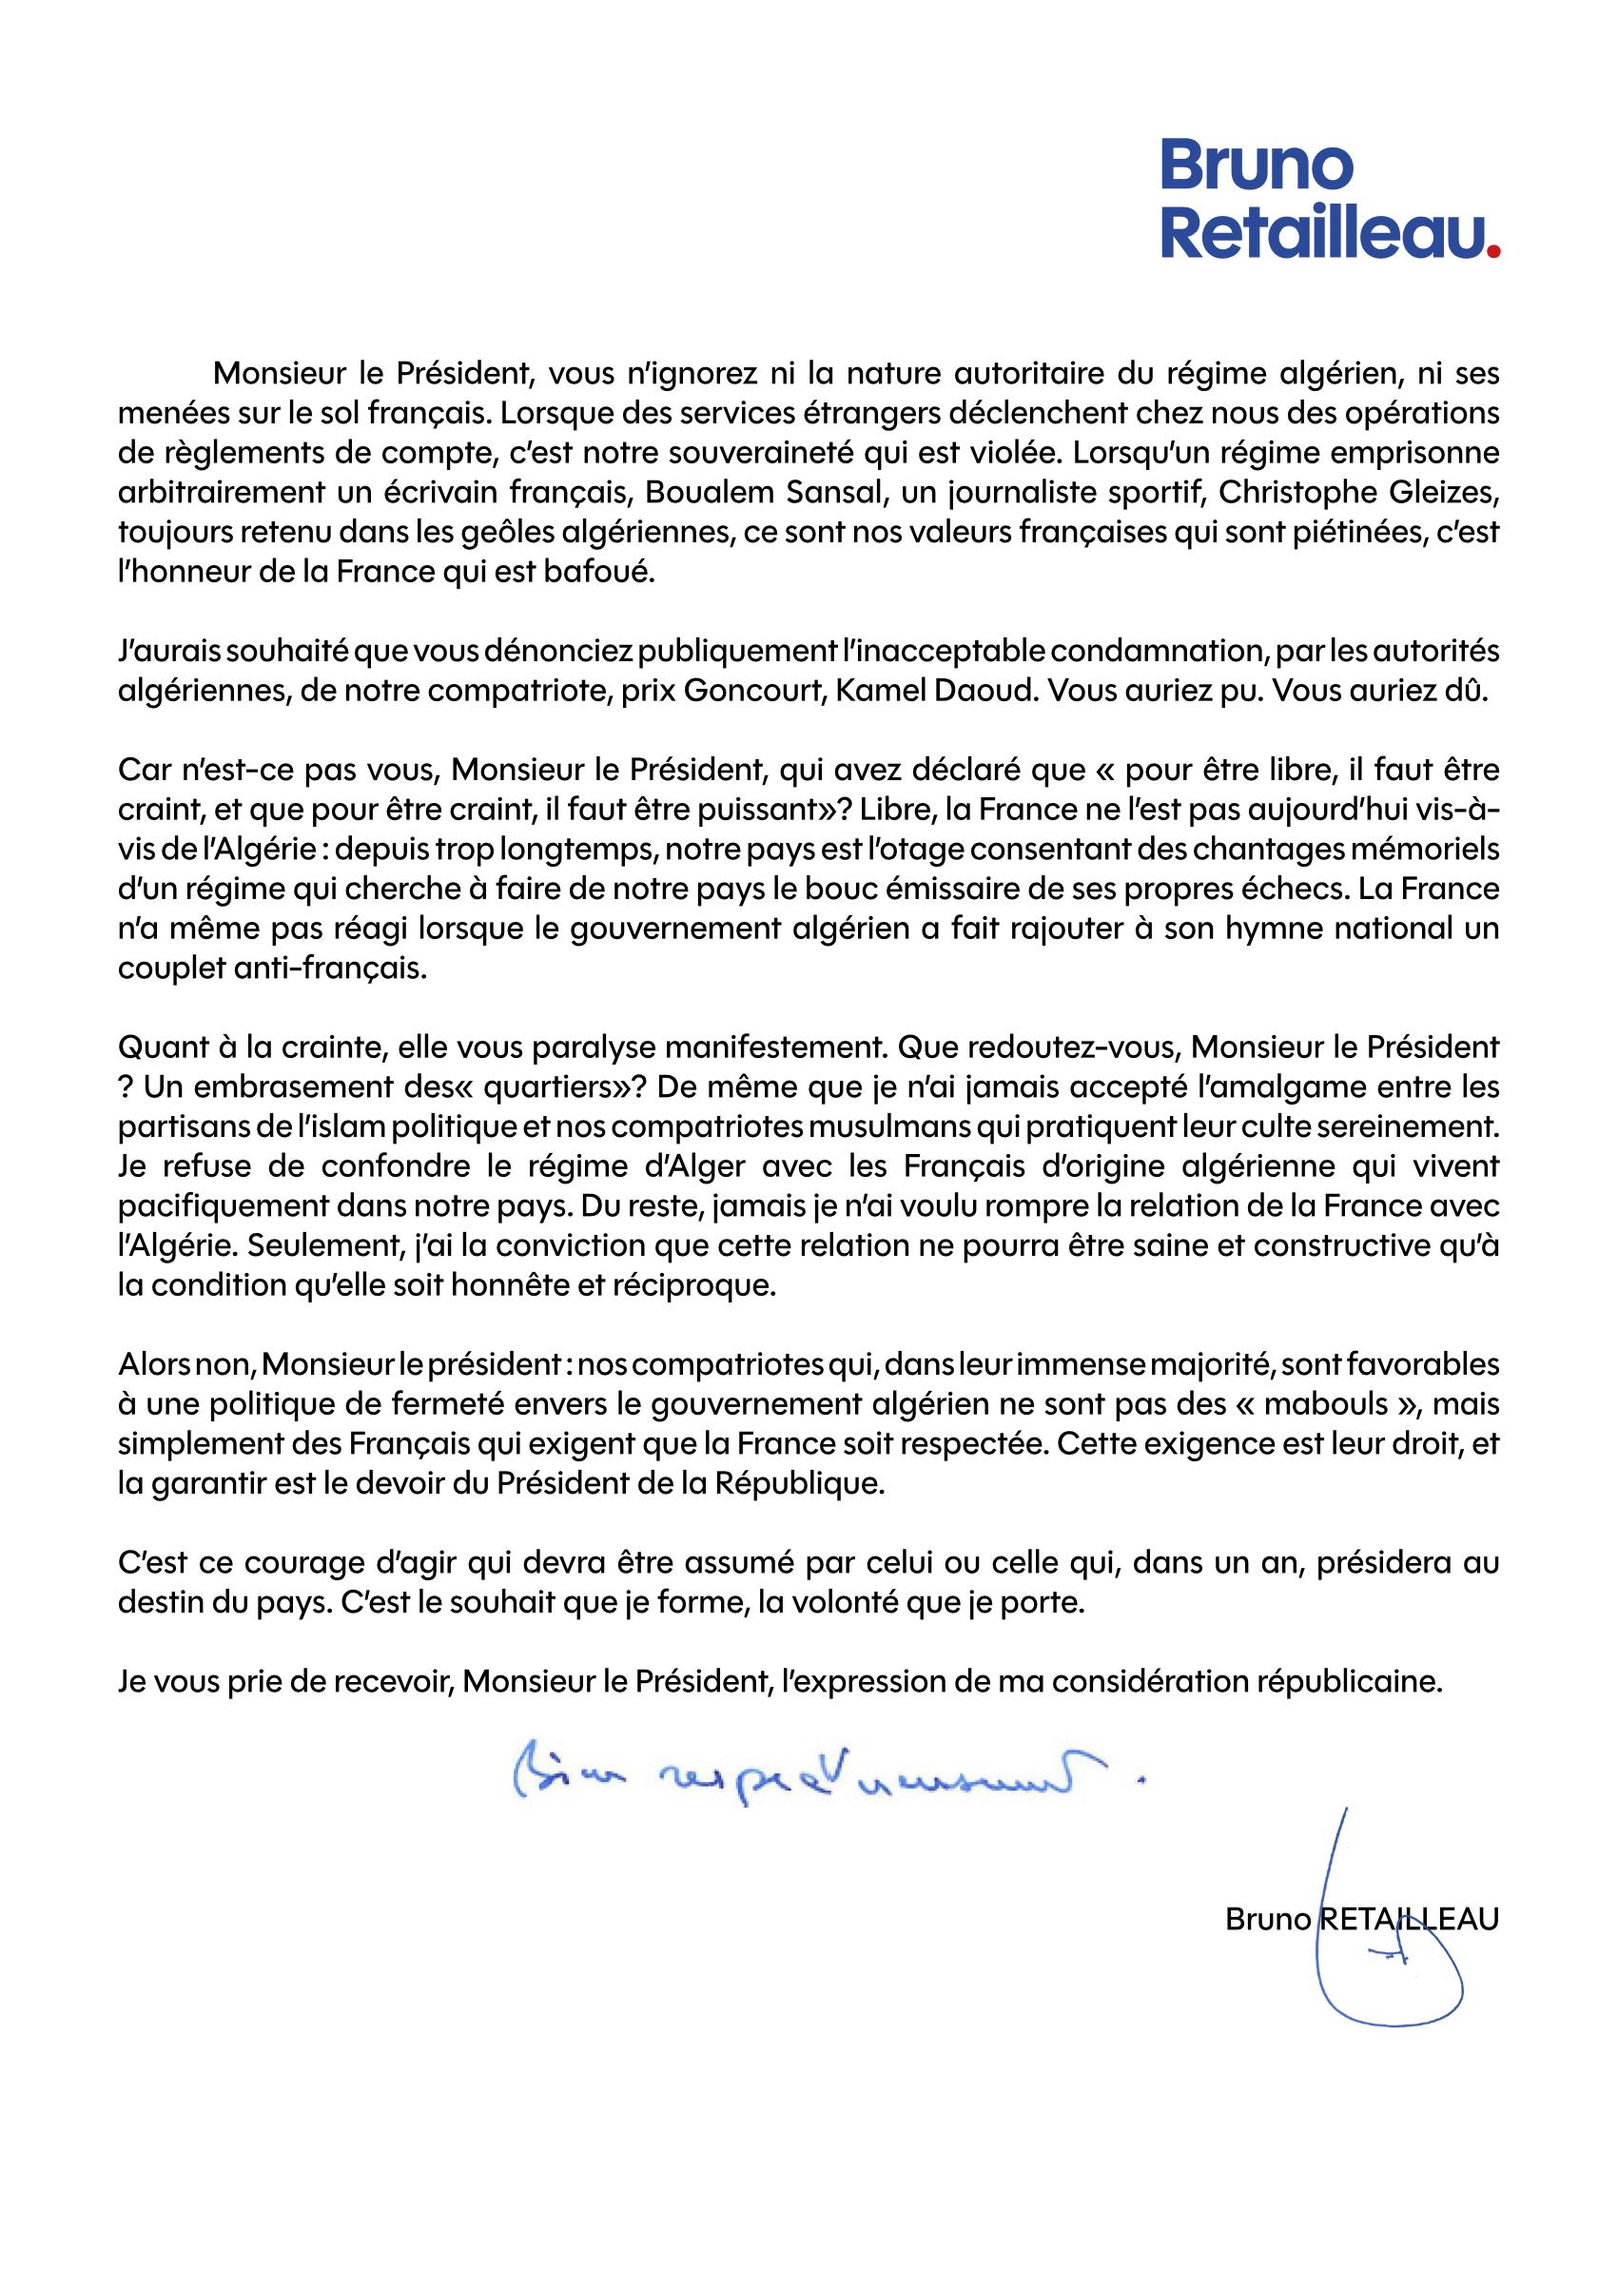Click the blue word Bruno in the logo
pos(1257,167)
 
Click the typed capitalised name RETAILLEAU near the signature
pos(1409,1920)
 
